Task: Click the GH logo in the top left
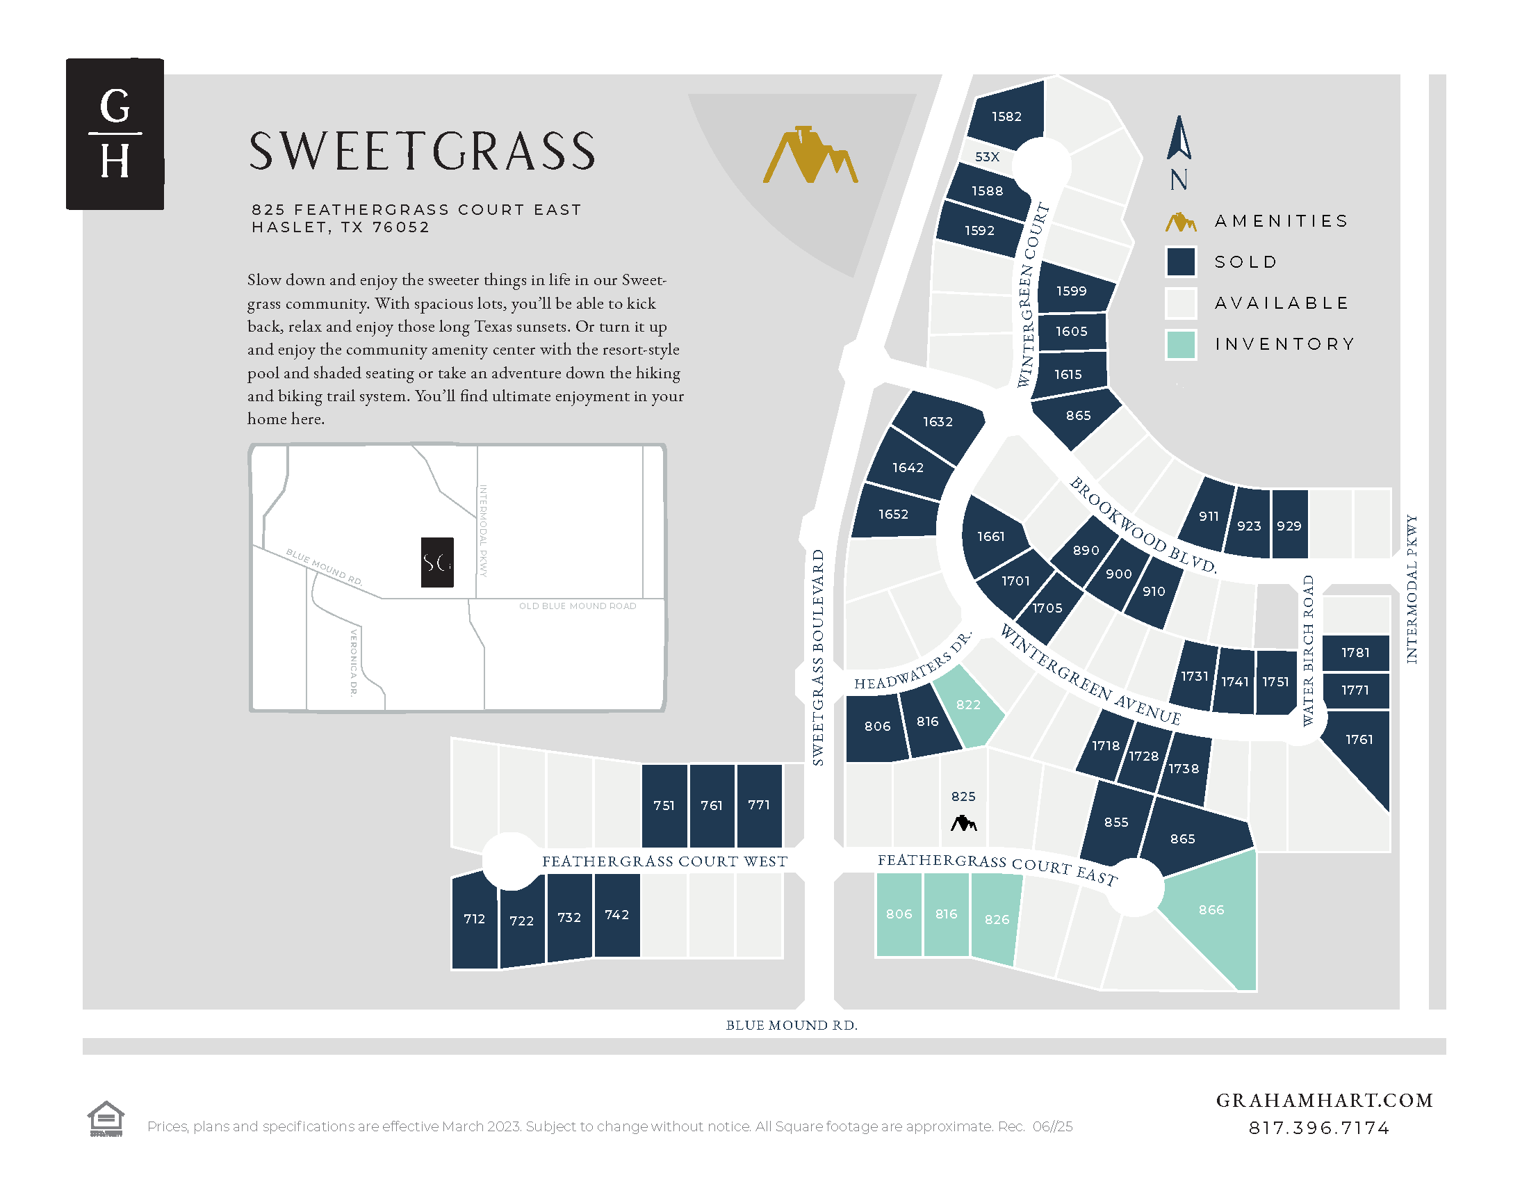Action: (115, 133)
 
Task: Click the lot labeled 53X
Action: (987, 157)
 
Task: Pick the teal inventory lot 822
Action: (968, 705)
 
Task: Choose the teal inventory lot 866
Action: (1212, 910)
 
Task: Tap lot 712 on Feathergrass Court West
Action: (474, 918)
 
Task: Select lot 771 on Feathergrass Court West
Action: (759, 805)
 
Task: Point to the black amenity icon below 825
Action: (963, 823)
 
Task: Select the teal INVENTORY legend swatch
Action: (1180, 344)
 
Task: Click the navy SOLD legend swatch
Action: (1180, 262)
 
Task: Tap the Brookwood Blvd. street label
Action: (1143, 525)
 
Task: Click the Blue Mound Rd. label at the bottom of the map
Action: (791, 1025)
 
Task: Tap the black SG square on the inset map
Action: (437, 562)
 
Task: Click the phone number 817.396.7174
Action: (1319, 1128)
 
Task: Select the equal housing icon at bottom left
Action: (106, 1119)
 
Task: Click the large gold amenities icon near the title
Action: (810, 156)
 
